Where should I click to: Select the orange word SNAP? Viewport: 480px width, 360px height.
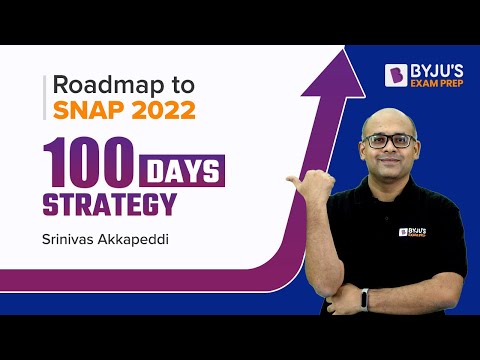[x=91, y=109]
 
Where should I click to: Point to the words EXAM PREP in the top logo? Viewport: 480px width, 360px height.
[x=432, y=83]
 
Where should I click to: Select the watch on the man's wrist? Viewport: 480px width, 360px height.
[x=365, y=298]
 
